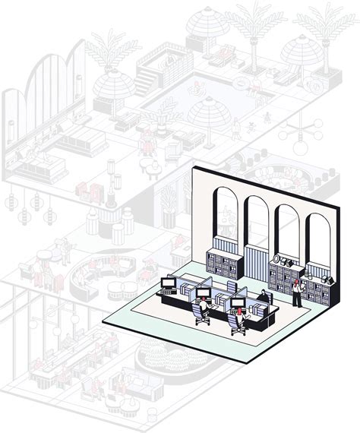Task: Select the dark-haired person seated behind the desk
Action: coord(264,297)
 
